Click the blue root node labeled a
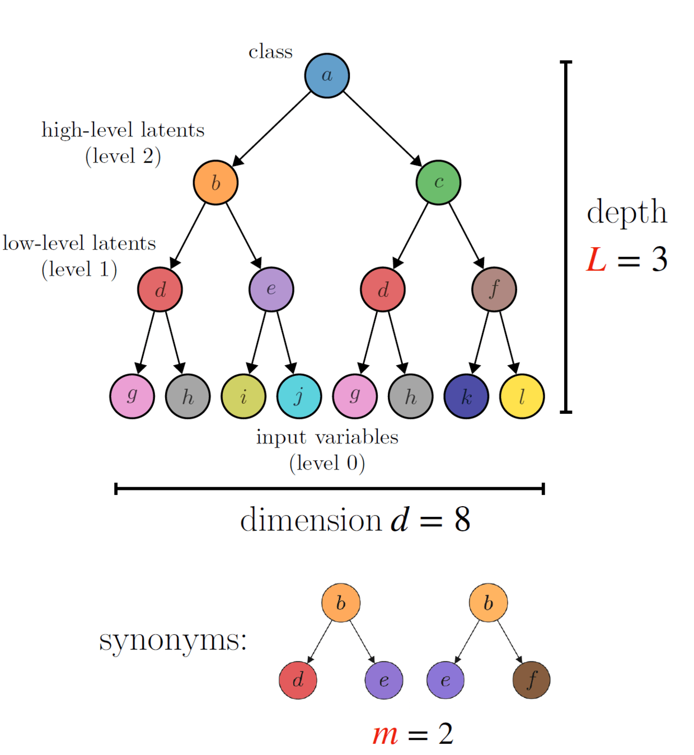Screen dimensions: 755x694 tap(327, 75)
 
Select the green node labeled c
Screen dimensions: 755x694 tap(438, 182)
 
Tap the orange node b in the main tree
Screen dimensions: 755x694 tap(215, 182)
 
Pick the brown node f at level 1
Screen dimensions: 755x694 tap(494, 289)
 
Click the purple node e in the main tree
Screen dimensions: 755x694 tap(271, 289)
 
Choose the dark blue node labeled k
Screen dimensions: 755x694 tap(466, 397)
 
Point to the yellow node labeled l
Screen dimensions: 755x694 tap(522, 397)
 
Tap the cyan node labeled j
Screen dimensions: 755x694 tap(299, 397)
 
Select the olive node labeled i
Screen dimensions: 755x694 tap(243, 397)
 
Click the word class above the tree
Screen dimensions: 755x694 tap(270, 51)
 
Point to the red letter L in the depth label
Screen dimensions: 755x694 tap(597, 260)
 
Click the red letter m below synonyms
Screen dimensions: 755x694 tap(385, 734)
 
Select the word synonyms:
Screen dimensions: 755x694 tap(173, 640)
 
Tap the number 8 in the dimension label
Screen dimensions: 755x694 tap(462, 520)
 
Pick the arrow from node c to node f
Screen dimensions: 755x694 tap(466, 235)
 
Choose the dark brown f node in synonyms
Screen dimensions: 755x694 tap(531, 680)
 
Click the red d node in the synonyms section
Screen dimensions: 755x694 tap(298, 680)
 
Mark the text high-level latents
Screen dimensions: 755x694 tap(123, 130)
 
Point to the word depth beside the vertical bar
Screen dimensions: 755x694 tap(627, 213)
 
